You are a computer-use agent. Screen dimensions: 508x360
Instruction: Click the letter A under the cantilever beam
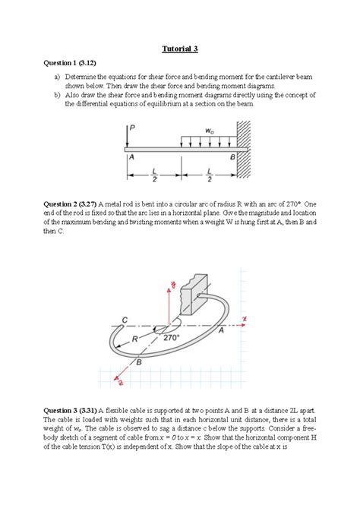pyautogui.click(x=131, y=156)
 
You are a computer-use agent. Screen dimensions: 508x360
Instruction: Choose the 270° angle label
pyautogui.click(x=172, y=337)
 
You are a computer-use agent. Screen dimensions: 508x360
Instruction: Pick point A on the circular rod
pyautogui.click(x=221, y=331)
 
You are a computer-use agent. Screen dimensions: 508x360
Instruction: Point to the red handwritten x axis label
pyautogui.click(x=245, y=319)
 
